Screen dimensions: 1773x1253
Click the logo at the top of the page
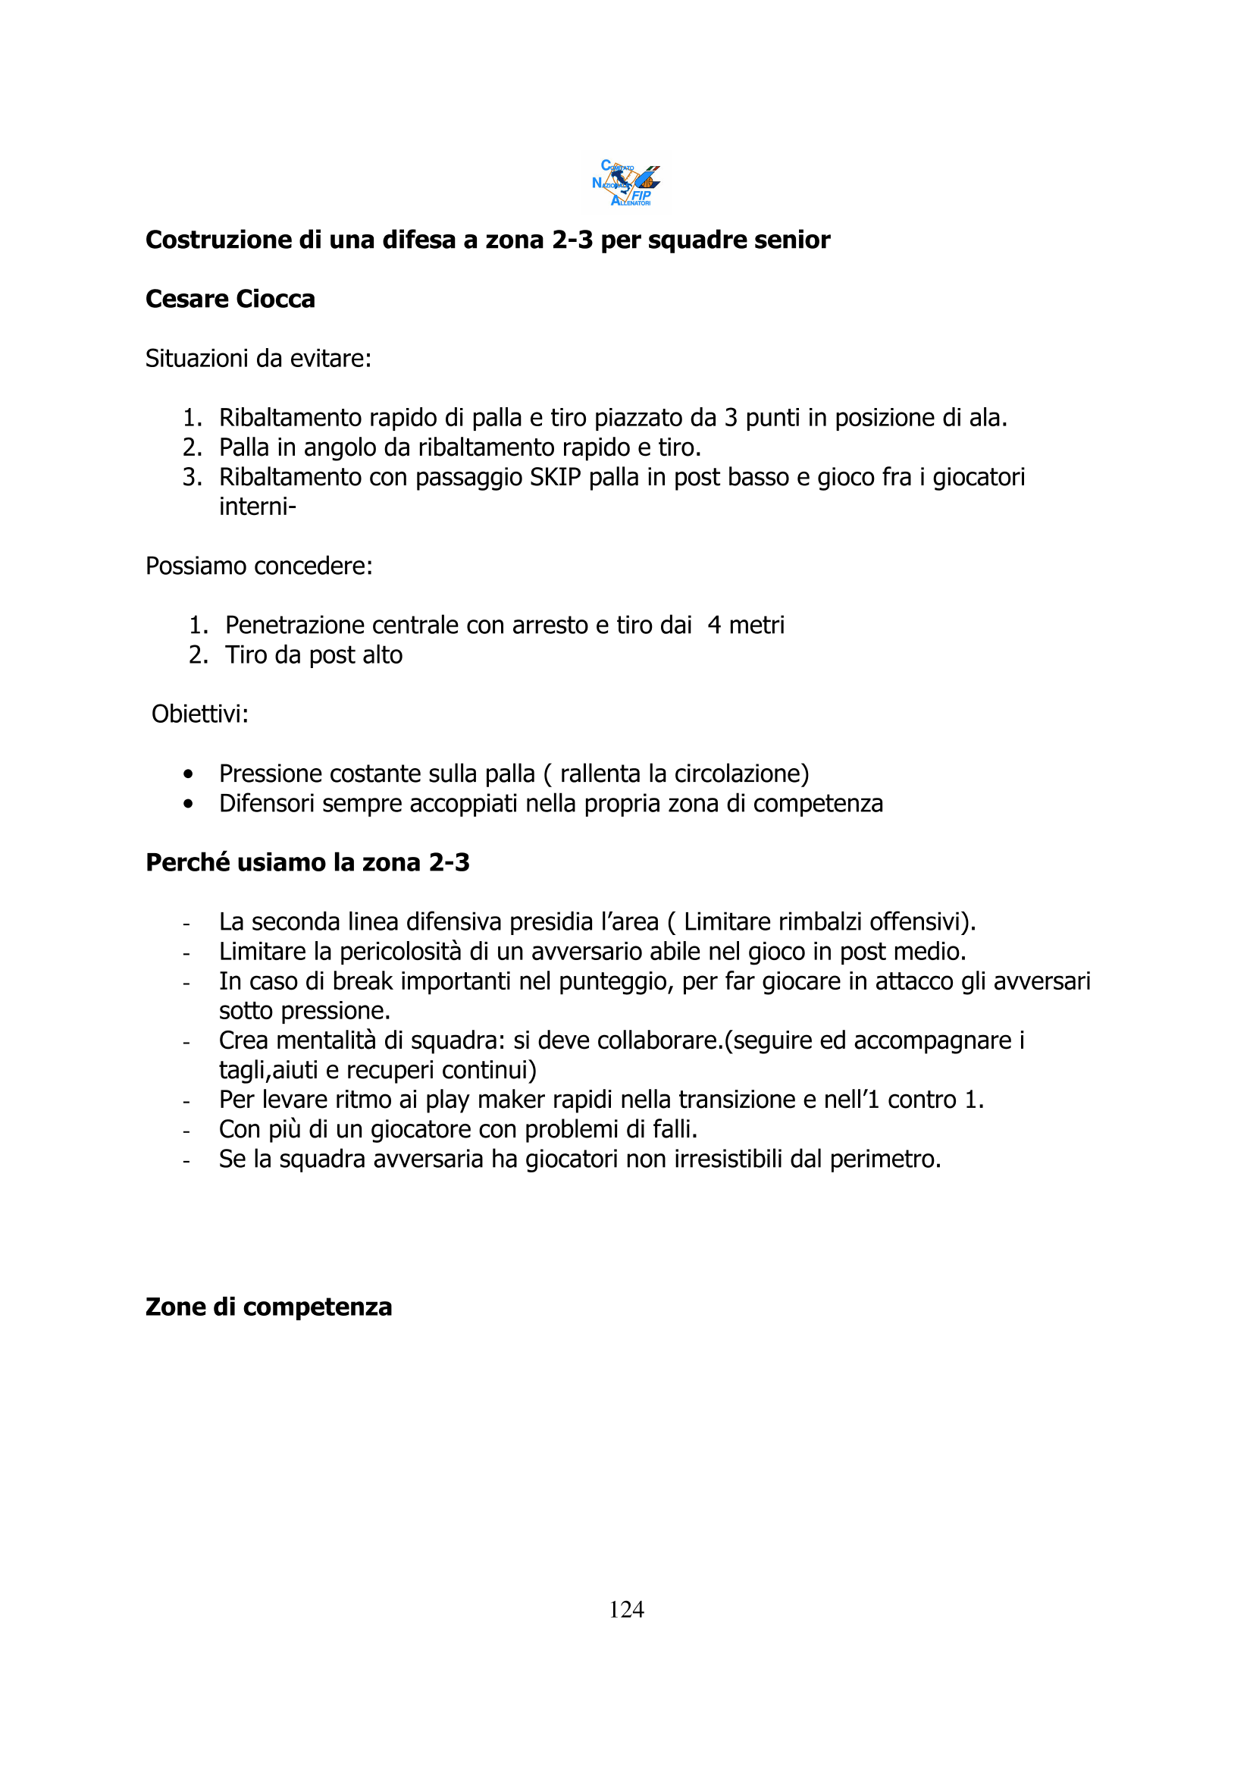626,183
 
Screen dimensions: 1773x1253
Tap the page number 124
626,1608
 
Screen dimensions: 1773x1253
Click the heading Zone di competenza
268,1307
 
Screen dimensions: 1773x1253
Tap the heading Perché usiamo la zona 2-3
307,862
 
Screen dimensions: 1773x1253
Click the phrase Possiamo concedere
258,566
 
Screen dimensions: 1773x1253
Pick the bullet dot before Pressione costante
187,774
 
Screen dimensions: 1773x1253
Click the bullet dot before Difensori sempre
187,804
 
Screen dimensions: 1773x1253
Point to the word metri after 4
756,625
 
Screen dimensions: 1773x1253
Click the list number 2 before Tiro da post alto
198,655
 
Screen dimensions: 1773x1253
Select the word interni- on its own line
257,507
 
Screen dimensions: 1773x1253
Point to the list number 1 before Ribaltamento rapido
192,418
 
